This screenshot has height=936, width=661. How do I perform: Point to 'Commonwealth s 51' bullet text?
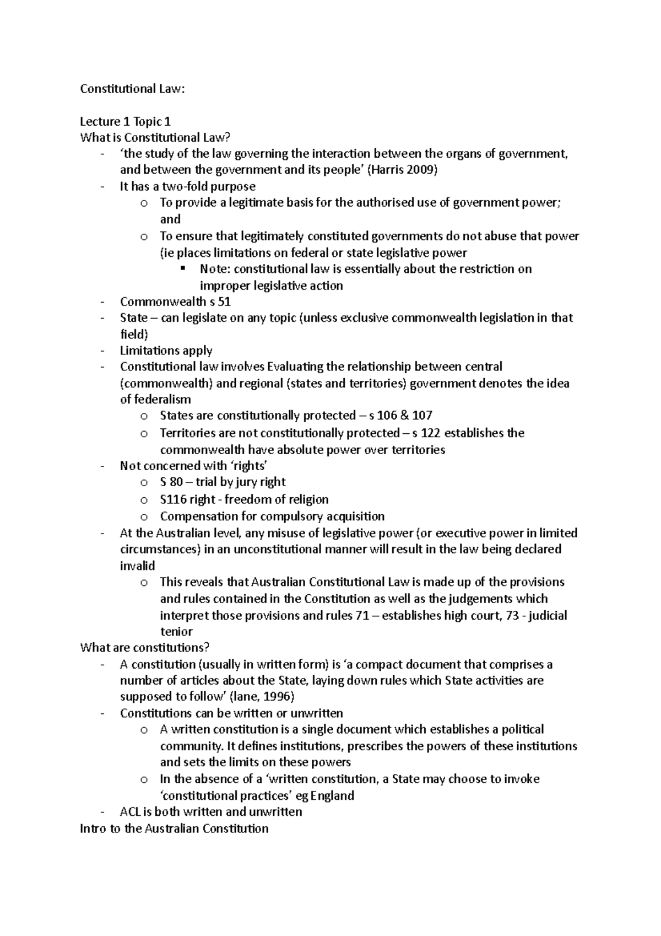[x=175, y=302]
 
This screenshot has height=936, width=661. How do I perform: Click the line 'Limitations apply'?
[x=166, y=351]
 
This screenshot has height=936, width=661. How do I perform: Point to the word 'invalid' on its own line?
[x=137, y=566]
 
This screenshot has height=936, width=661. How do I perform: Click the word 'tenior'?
[x=176, y=632]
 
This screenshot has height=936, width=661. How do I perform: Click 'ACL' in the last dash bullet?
[x=130, y=811]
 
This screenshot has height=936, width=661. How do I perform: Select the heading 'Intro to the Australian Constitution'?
[x=174, y=829]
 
